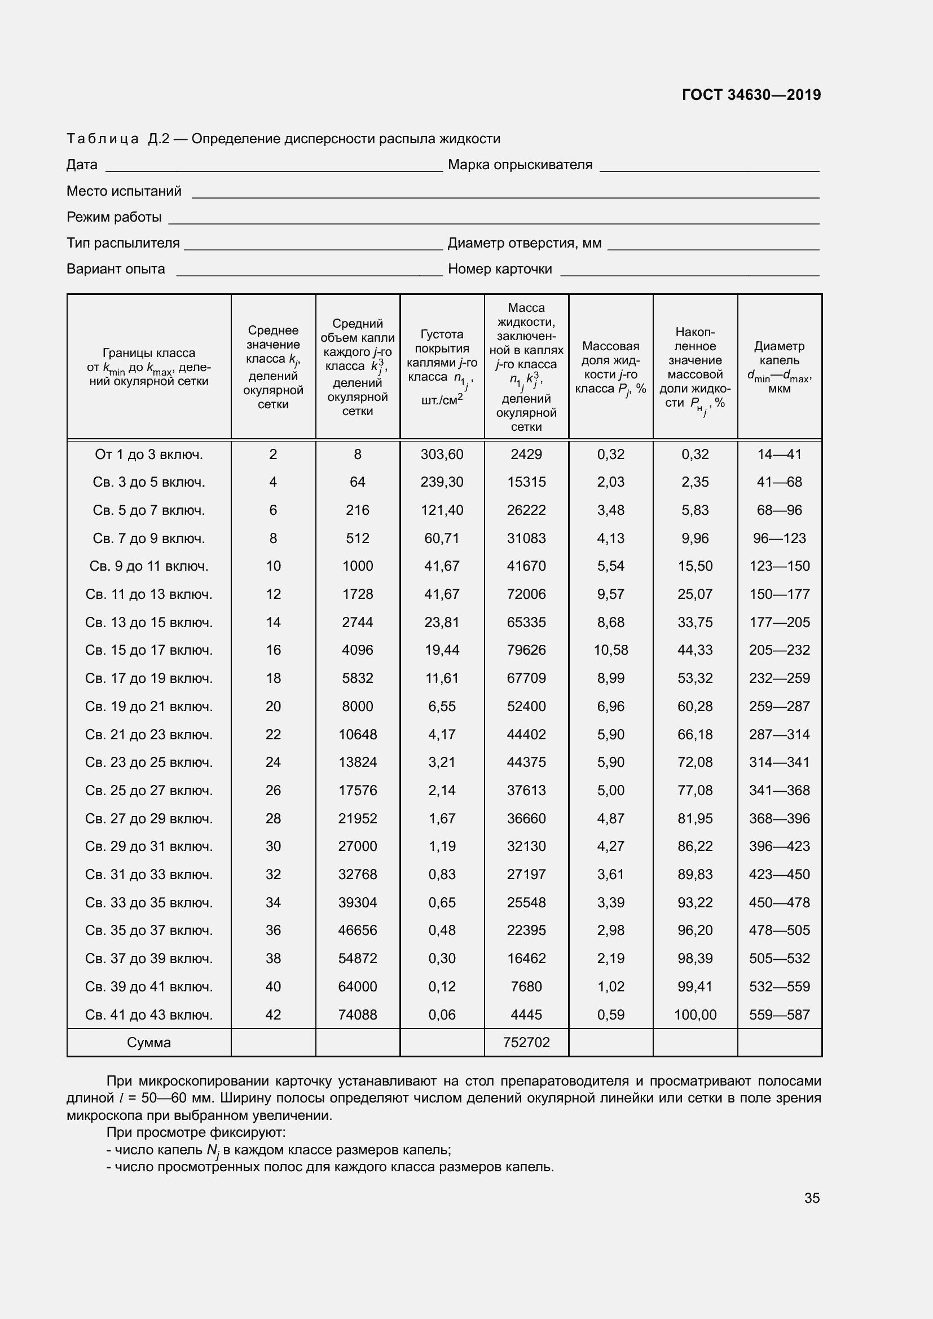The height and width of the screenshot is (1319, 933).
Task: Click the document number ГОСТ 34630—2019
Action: pos(751,95)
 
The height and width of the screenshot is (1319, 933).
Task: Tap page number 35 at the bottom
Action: pos(812,1198)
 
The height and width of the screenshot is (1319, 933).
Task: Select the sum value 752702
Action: pos(526,1042)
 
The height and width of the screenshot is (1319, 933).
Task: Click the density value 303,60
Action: pos(441,455)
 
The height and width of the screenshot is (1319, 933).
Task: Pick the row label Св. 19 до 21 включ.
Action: pos(149,706)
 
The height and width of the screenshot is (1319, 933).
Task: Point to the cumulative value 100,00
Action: pos(694,1014)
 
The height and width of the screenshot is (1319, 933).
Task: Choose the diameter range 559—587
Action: pos(779,1014)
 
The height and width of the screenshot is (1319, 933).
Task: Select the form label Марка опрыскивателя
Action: pos(520,165)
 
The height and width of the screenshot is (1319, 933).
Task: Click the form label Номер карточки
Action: pos(499,269)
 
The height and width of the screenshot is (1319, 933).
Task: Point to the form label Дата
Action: pos(82,165)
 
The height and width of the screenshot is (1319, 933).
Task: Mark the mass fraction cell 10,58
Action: pos(610,650)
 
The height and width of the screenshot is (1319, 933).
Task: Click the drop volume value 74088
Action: pos(357,1014)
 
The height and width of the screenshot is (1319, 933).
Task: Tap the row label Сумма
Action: pos(149,1042)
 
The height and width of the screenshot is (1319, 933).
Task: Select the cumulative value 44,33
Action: pos(694,650)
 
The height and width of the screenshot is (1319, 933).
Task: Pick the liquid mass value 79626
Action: pos(526,650)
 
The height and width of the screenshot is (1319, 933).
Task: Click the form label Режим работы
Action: pos(114,217)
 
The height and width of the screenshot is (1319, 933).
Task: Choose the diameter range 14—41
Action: pos(779,455)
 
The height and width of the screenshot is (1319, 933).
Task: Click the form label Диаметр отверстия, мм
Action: pos(524,243)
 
